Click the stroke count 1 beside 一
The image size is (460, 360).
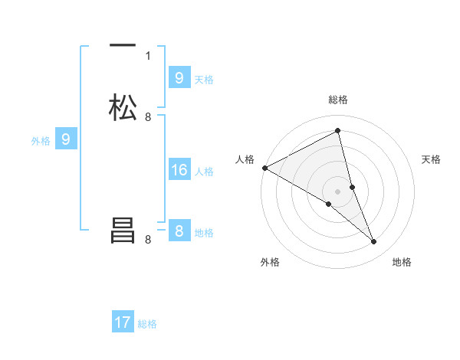click(148, 55)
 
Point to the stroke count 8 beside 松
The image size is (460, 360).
click(148, 116)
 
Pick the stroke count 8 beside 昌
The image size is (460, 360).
click(148, 240)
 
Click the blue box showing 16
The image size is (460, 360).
click(179, 170)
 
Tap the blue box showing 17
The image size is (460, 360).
click(123, 322)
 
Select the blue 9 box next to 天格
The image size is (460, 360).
click(179, 78)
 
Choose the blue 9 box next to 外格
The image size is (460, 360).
click(66, 139)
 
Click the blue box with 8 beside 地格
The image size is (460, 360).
click(179, 231)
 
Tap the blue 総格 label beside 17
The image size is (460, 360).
click(147, 324)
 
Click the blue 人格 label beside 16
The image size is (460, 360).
click(205, 172)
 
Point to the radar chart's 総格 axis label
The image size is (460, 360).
click(338, 100)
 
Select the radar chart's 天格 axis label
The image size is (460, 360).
click(432, 159)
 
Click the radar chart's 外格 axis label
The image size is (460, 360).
click(270, 262)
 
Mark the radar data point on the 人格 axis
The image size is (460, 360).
click(264, 168)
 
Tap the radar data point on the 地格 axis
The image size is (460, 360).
click(374, 241)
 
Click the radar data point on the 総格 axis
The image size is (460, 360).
click(338, 131)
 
